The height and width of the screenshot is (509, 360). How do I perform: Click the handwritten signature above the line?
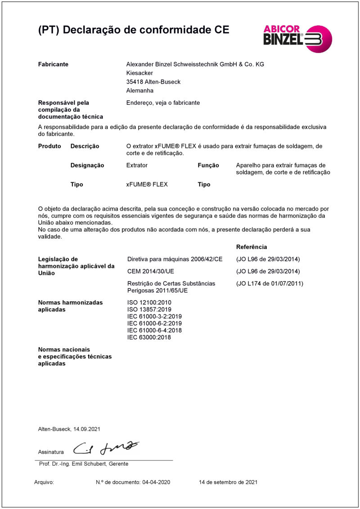pyautogui.click(x=106, y=448)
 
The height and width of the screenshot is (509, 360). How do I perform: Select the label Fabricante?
pyautogui.click(x=53, y=64)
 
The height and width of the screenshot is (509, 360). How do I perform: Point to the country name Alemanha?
pyautogui.click(x=140, y=90)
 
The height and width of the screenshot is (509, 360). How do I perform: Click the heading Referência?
pyautogui.click(x=251, y=247)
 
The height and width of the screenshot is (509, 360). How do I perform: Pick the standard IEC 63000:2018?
pyautogui.click(x=149, y=338)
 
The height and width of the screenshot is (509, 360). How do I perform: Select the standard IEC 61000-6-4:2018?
pyautogui.click(x=154, y=330)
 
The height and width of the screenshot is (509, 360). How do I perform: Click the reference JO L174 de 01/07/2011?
pyautogui.click(x=270, y=284)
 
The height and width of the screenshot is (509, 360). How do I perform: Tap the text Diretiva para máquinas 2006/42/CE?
pyautogui.click(x=175, y=259)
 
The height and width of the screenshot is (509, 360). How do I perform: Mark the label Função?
pyautogui.click(x=208, y=165)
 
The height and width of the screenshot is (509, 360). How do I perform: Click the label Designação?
pyautogui.click(x=87, y=165)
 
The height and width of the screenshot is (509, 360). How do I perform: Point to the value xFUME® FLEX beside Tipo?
pyautogui.click(x=147, y=185)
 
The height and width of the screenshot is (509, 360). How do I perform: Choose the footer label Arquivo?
pyautogui.click(x=44, y=482)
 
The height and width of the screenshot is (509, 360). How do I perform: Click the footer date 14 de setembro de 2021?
pyautogui.click(x=228, y=482)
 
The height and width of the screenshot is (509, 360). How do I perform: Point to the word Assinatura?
pyautogui.click(x=51, y=452)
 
